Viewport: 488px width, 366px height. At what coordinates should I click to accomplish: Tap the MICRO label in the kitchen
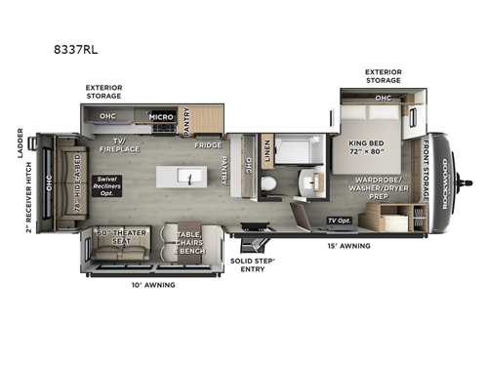point(160,117)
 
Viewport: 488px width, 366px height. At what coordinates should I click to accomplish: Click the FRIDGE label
point(207,144)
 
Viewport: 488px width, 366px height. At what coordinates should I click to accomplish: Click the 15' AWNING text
point(350,246)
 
